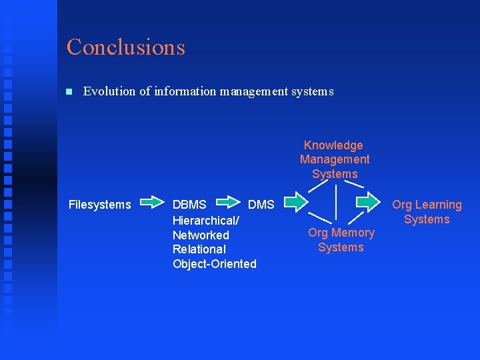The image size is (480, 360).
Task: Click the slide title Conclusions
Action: (125, 47)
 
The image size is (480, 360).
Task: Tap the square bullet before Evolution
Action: (69, 92)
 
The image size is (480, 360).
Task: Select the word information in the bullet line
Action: (185, 91)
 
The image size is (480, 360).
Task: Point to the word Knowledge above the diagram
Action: (333, 145)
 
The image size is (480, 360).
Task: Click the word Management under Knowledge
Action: (335, 159)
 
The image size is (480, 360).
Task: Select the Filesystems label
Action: (100, 205)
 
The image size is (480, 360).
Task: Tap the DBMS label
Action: (189, 205)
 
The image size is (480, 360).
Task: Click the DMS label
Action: (261, 205)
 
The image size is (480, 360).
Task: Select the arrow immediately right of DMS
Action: (295, 201)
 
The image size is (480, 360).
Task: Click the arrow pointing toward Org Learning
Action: (367, 201)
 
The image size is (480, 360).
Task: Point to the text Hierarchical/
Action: (206, 220)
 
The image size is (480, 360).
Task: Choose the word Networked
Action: (201, 235)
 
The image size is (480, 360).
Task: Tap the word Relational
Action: (199, 249)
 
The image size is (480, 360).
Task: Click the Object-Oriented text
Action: (215, 264)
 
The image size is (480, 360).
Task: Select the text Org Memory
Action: (341, 233)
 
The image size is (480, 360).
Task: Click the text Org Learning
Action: (427, 205)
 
